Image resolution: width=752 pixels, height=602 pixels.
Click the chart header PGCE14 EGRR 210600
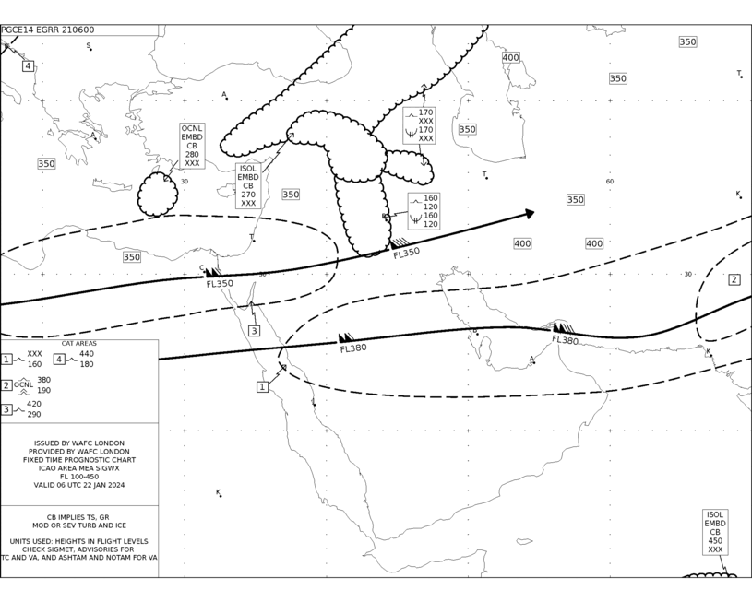tap(47, 30)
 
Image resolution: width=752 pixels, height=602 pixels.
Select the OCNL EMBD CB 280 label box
tap(192, 146)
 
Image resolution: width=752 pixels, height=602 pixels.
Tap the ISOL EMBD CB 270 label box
tap(248, 186)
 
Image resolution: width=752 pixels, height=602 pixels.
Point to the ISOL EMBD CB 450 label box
tap(715, 532)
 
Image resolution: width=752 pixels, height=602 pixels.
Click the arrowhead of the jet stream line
tap(530, 213)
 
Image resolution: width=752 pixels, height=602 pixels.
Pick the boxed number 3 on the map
tap(254, 331)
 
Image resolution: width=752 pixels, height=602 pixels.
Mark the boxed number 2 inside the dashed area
tap(734, 280)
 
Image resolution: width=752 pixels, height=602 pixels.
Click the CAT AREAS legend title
tap(79, 344)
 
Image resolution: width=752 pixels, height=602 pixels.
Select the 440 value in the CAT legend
tap(87, 354)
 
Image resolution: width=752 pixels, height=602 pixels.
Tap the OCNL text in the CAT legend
tap(23, 384)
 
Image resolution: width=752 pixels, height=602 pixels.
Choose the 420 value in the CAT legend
tap(33, 404)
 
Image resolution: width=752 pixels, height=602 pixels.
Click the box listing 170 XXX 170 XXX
tap(419, 125)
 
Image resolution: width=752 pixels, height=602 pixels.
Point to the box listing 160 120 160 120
tap(424, 211)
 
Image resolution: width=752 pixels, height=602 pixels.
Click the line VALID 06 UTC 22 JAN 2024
tap(79, 485)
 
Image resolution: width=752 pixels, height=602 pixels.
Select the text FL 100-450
tap(79, 477)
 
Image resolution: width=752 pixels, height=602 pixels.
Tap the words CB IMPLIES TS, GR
tap(78, 517)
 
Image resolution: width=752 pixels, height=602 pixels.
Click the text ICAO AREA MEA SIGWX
tap(79, 468)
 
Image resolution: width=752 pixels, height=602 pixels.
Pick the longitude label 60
tap(610, 182)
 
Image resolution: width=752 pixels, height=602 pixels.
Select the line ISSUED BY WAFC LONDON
tap(79, 443)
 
